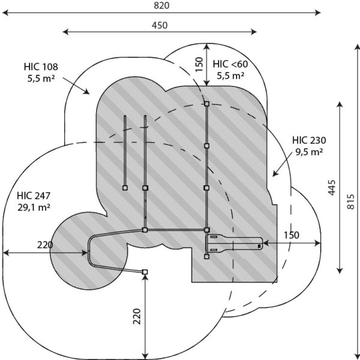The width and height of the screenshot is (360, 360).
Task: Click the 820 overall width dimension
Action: (161, 5)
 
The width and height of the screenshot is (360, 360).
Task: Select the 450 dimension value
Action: (160, 25)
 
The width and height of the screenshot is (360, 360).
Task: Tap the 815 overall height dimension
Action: (350, 202)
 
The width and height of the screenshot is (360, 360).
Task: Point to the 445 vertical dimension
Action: (332, 188)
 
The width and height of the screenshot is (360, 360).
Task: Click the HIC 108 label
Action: (41, 67)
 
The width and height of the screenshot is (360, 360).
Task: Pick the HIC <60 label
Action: (230, 64)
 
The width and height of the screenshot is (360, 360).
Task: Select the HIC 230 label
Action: (309, 140)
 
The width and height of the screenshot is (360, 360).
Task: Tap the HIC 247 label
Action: (34, 196)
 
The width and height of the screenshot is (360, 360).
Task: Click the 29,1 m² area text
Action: (34, 208)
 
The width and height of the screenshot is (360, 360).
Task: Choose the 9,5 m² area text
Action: (309, 152)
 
